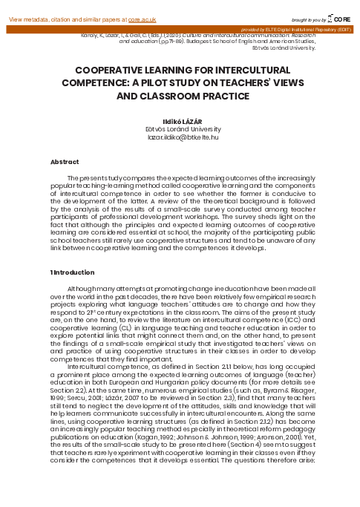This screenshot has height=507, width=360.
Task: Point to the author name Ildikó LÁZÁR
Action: [x=180, y=120]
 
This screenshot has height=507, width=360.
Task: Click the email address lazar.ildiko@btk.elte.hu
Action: [x=180, y=137]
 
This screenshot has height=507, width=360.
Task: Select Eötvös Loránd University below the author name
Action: [x=180, y=129]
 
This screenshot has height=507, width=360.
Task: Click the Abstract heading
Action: [x=64, y=161]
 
